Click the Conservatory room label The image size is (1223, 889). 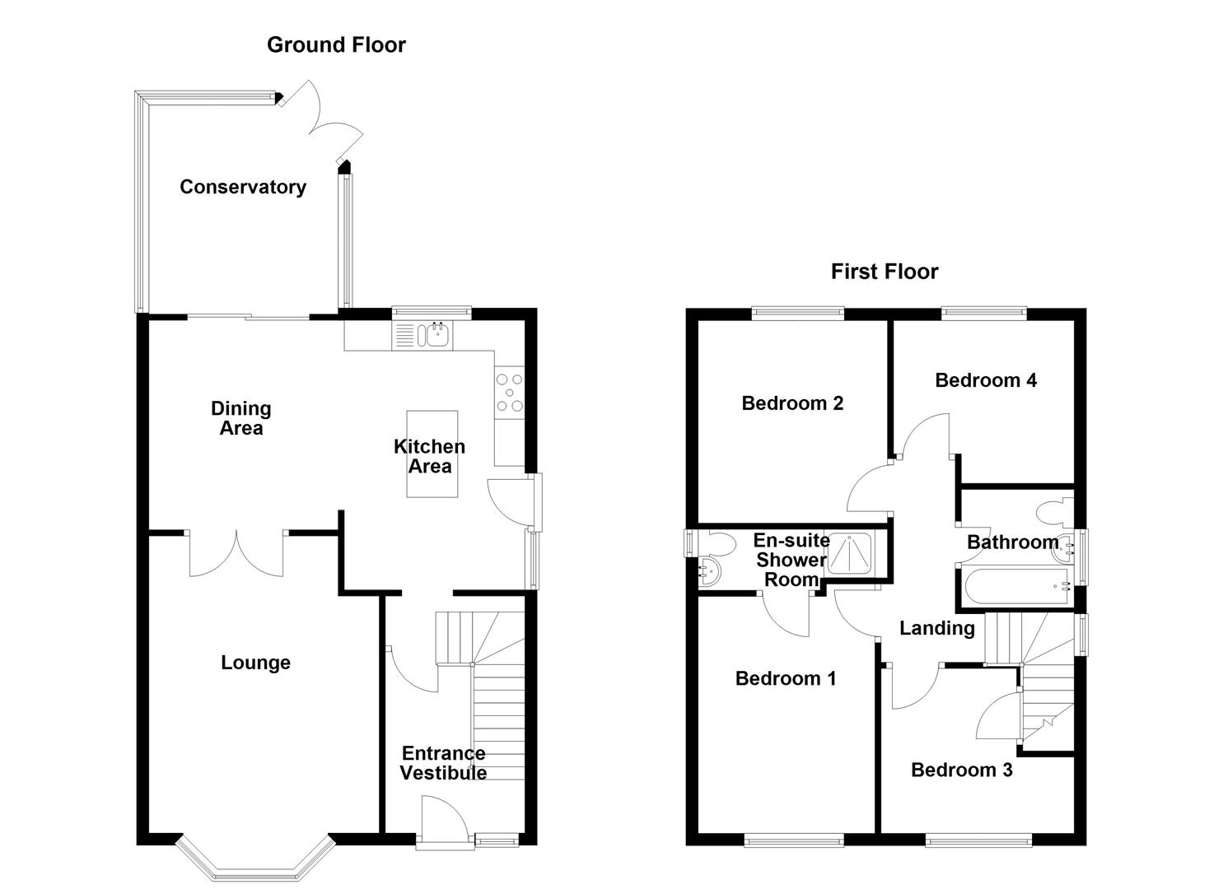coord(243,187)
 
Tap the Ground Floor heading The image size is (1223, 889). coord(336,44)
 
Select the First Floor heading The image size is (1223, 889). coord(884,272)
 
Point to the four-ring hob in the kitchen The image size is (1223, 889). coord(508,392)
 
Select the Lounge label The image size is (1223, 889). coord(255,663)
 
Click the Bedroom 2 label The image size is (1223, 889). coord(792,403)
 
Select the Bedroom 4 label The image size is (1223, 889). coord(986,380)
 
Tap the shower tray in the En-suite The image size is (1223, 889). coord(849,553)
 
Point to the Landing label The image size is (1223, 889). coord(936,629)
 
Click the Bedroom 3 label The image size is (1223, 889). coord(961,770)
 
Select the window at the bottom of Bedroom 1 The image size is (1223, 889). coord(794,840)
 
